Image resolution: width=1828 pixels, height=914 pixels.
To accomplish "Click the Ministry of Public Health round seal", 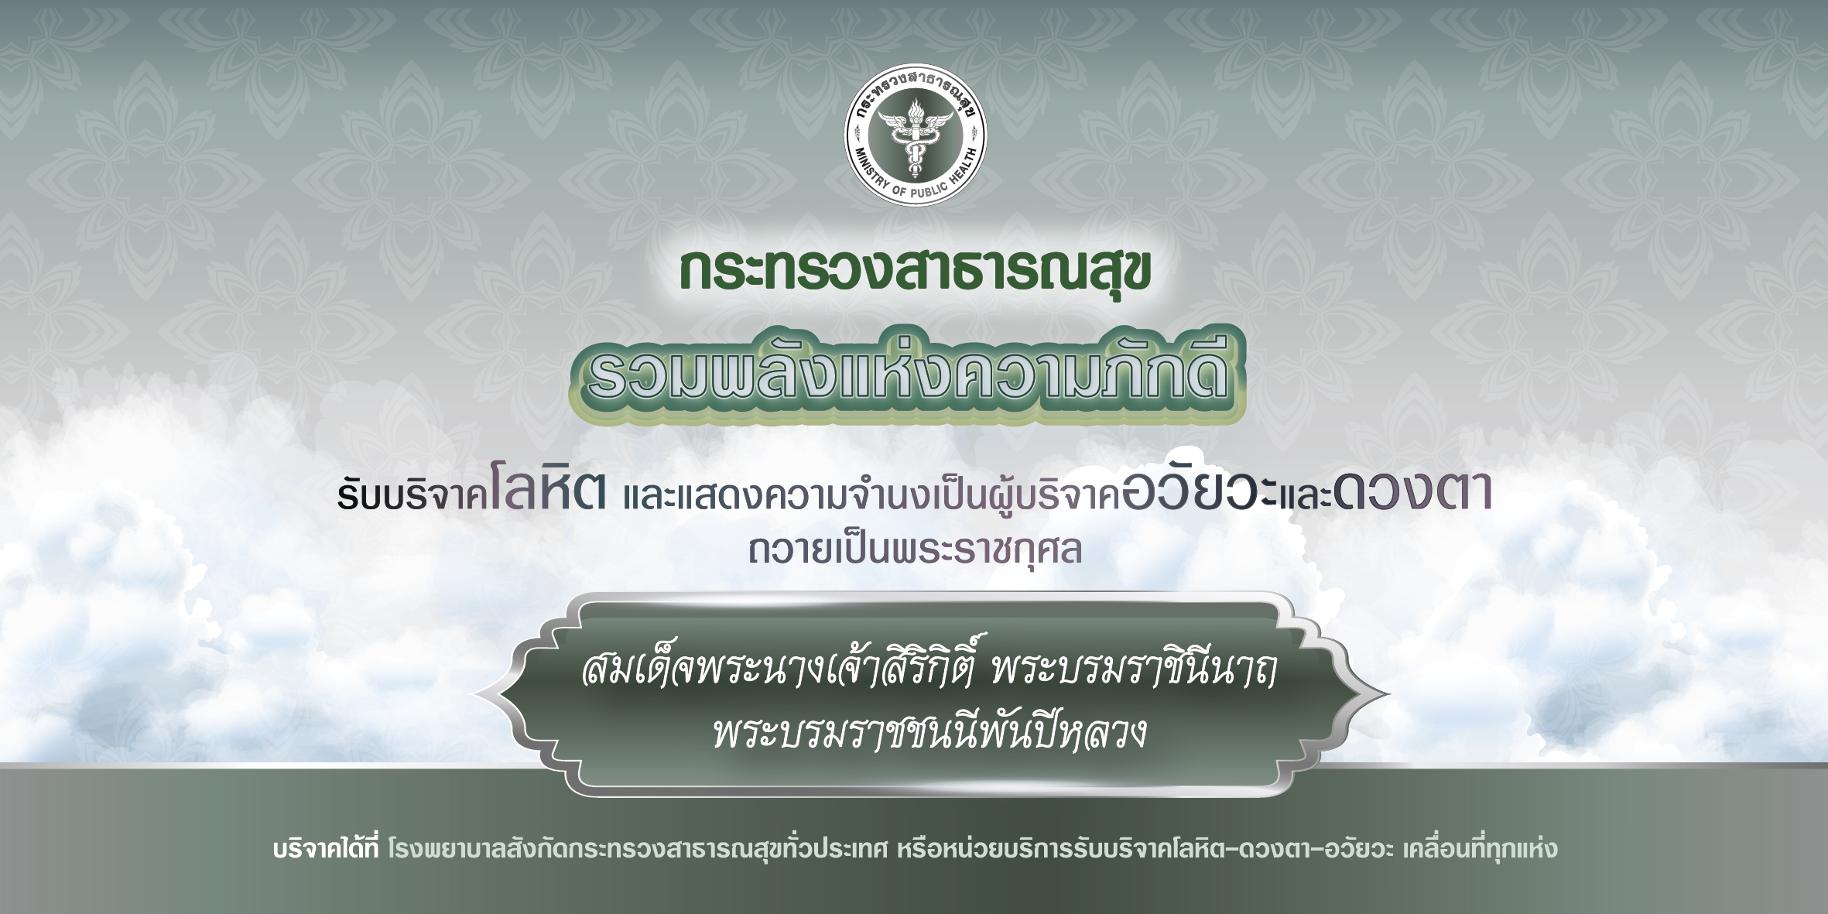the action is [x=915, y=135].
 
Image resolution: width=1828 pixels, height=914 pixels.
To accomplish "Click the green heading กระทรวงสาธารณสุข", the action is [x=915, y=271].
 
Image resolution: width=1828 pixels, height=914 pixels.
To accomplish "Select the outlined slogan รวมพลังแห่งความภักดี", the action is [x=908, y=374].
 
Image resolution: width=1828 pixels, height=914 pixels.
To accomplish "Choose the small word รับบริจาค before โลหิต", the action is [x=412, y=496].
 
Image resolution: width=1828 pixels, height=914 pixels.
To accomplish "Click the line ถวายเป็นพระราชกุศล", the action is [x=915, y=550].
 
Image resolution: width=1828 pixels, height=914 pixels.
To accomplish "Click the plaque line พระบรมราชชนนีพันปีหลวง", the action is [x=929, y=731].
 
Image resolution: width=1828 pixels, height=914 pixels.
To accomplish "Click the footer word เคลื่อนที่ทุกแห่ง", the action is [x=1480, y=848].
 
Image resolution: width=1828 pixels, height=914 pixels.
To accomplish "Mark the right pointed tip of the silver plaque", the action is [x=1390, y=694].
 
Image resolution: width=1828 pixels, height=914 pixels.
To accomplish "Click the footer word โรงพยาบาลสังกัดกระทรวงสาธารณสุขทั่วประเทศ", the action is [x=638, y=848].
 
